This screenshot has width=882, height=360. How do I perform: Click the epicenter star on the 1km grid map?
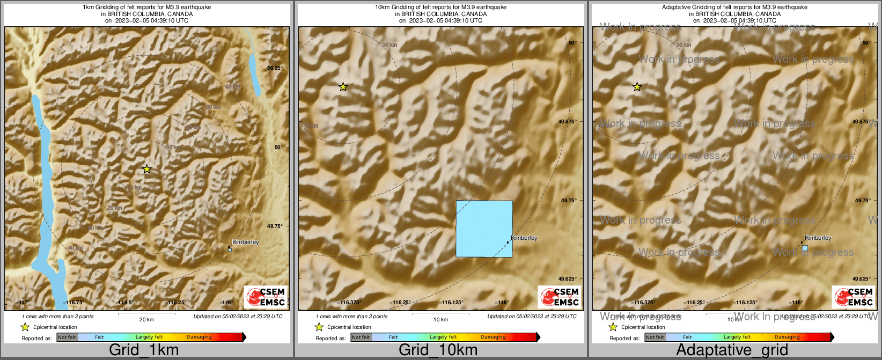click(x=146, y=170)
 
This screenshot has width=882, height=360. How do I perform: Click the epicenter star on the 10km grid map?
click(x=343, y=87)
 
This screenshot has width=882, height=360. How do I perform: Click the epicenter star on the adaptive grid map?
click(x=637, y=87)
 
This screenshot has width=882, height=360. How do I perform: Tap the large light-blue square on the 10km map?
click(x=484, y=229)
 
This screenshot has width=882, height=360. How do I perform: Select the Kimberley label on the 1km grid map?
click(x=245, y=242)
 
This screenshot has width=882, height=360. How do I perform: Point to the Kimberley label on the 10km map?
click(x=524, y=238)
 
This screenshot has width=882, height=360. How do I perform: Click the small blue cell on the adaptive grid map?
click(x=805, y=248)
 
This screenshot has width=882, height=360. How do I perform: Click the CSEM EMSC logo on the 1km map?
click(x=265, y=297)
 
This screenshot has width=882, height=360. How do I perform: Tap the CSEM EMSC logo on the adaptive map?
click(x=853, y=297)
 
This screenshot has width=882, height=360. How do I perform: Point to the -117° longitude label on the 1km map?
click(x=22, y=303)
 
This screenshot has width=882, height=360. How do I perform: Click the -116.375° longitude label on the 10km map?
click(x=349, y=303)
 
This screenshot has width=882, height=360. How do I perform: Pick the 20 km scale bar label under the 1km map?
click(x=147, y=320)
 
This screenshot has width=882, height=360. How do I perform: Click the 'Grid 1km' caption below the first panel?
click(x=144, y=350)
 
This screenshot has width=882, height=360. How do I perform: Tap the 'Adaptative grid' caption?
click(x=732, y=350)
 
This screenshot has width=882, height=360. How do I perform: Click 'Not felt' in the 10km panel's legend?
click(x=361, y=337)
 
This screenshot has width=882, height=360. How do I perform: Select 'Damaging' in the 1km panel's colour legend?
click(x=199, y=337)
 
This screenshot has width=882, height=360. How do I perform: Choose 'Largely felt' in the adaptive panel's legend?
click(x=737, y=337)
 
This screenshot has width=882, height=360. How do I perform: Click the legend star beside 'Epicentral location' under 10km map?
click(x=319, y=327)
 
